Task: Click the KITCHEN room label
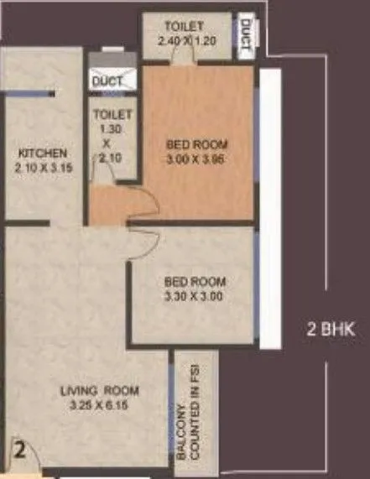tap(39, 154)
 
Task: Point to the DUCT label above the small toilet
tap(108, 81)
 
